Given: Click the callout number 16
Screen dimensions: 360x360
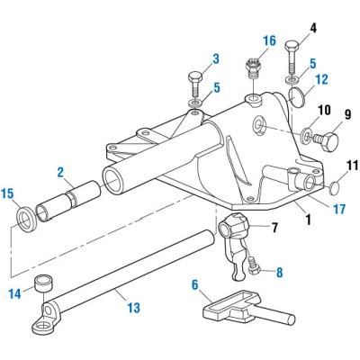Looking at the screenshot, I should click(x=269, y=40).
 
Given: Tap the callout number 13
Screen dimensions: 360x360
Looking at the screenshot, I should click(x=132, y=308).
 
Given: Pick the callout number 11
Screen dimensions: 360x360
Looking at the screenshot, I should click(x=353, y=165).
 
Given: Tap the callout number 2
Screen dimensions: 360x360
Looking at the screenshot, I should click(x=60, y=171).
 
